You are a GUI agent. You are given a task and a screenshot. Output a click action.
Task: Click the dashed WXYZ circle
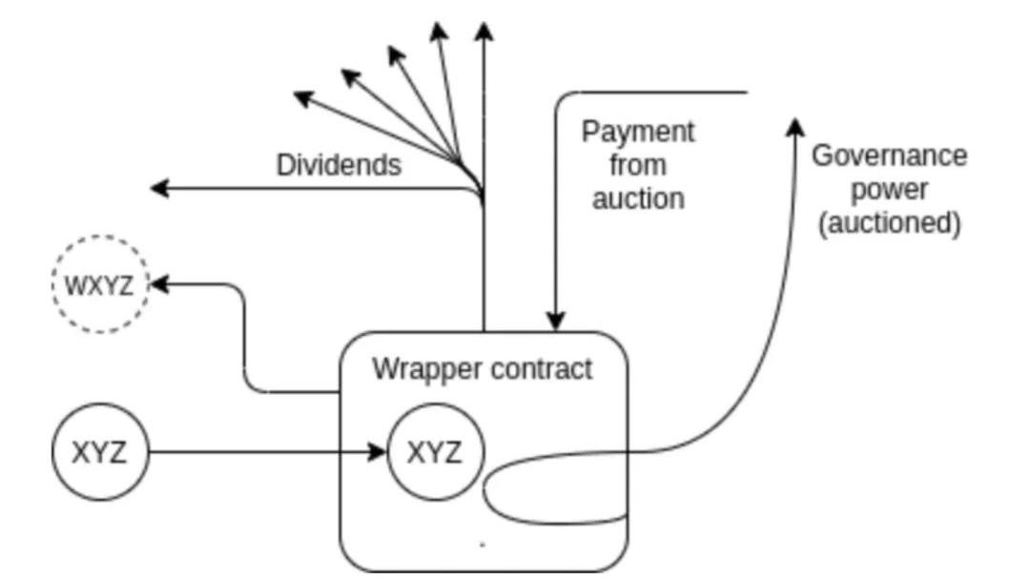click(100, 284)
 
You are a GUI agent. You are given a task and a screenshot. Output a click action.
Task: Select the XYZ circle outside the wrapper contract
click(100, 452)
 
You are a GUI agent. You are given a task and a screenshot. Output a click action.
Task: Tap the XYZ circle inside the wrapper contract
click(436, 452)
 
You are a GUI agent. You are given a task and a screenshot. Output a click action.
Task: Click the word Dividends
click(339, 165)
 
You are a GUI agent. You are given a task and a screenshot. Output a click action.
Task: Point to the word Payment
click(638, 132)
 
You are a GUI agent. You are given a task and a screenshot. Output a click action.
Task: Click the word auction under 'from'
click(638, 198)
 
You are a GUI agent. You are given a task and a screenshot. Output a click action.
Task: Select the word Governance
click(889, 155)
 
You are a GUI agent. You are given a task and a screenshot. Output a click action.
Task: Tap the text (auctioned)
click(889, 223)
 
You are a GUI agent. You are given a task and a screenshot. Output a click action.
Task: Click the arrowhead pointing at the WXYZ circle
click(158, 284)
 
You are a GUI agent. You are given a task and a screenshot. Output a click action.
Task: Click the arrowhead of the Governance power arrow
click(793, 127)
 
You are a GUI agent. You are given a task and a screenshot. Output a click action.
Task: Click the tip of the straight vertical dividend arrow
click(484, 31)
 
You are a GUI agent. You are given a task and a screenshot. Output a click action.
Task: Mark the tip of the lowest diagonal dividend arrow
click(301, 95)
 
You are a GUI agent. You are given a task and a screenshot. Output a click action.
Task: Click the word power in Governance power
click(889, 189)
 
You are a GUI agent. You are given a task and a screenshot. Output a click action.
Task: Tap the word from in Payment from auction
click(638, 165)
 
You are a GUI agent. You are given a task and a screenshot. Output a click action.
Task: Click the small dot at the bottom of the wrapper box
click(483, 545)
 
